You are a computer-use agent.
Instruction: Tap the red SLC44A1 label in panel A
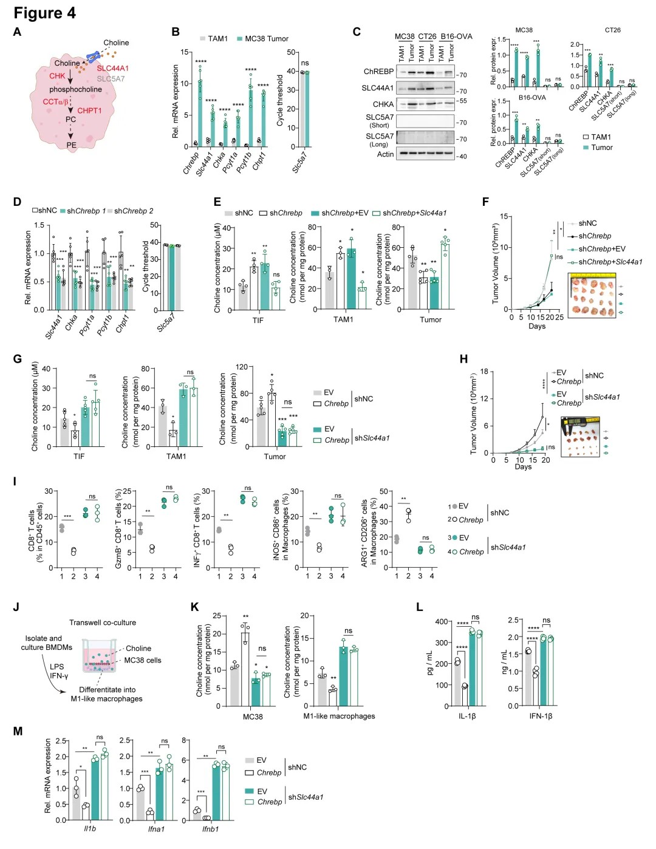coord(112,68)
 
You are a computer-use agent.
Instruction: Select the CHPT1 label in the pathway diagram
coord(89,111)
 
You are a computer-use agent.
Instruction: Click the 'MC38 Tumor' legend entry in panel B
coord(266,38)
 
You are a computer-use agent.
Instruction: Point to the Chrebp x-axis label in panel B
coord(191,163)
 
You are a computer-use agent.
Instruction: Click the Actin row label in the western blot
coord(385,154)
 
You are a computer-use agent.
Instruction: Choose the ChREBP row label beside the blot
coord(378,71)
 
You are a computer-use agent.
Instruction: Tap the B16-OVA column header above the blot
coord(456,36)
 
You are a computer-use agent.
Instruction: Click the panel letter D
coord(17,202)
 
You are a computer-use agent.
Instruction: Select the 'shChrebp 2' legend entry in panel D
coord(134,211)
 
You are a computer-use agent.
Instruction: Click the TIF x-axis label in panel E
coord(258,320)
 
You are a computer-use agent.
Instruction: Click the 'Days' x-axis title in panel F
coord(537,326)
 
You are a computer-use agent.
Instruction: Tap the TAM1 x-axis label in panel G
coord(176,456)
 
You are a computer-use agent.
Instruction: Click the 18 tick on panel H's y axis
coord(484,372)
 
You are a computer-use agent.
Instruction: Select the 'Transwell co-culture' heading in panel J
coord(103,622)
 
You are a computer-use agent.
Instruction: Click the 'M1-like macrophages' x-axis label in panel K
coord(339,716)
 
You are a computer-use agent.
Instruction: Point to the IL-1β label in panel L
coord(466,716)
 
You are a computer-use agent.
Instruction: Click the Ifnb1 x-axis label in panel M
coord(210,828)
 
